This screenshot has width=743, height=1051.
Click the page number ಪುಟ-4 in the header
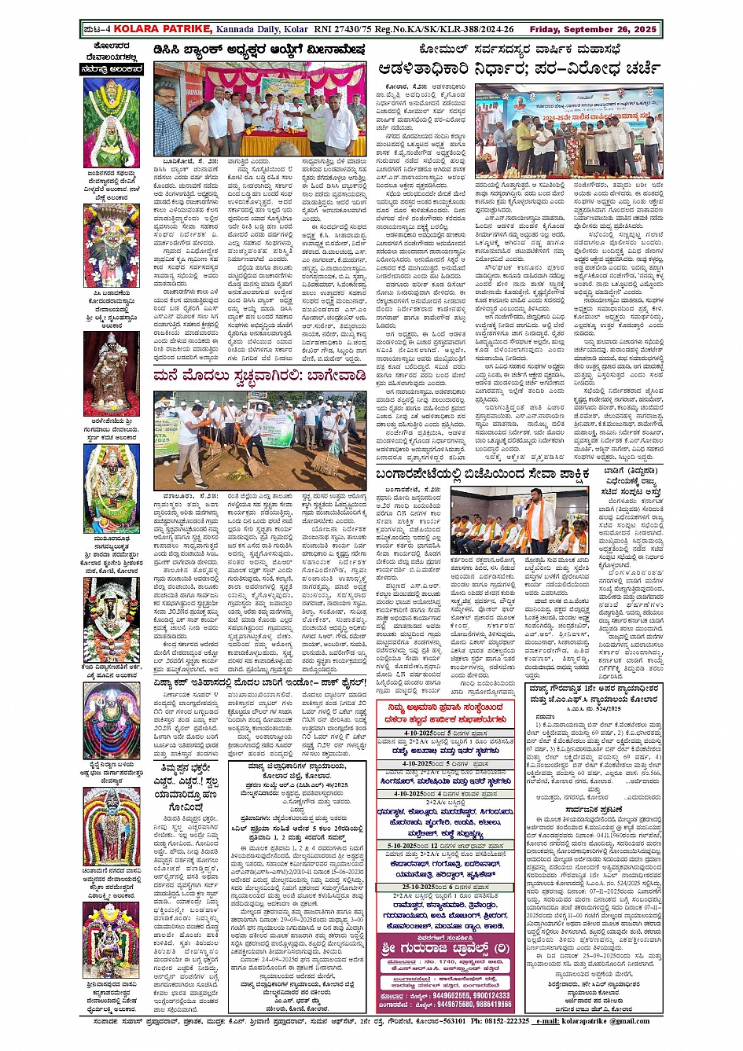[x=97, y=30]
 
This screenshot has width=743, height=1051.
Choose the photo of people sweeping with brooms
[x=259, y=439]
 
